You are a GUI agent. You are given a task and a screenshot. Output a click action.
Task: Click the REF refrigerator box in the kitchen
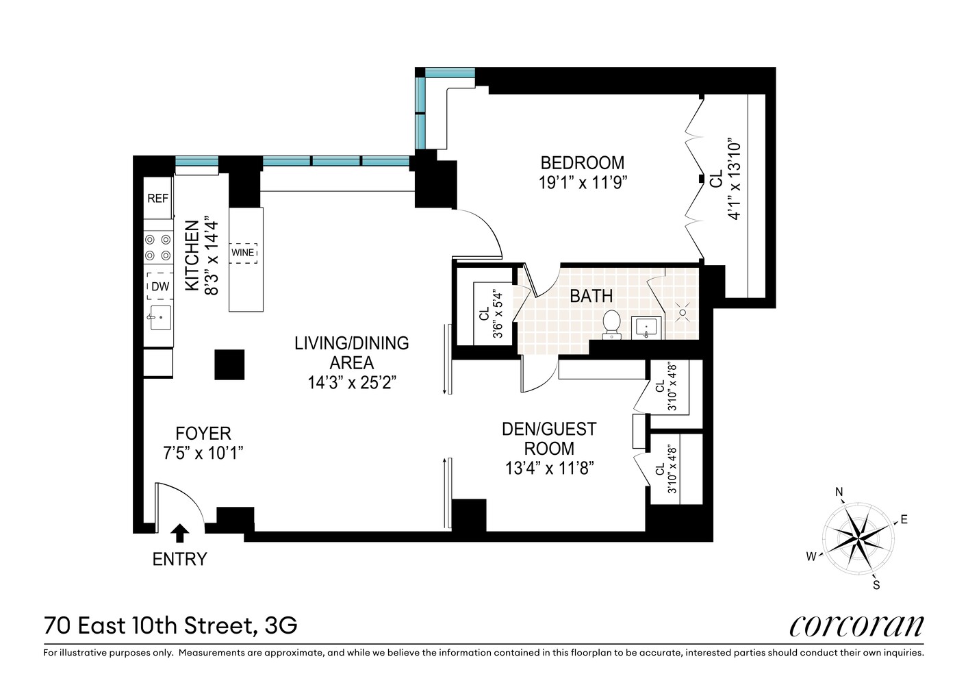[157, 198]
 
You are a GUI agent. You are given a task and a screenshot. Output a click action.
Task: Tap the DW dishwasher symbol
[160, 286]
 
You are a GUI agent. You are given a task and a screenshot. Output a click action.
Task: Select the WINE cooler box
[243, 252]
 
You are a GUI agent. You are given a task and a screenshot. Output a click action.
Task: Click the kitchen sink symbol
[160, 317]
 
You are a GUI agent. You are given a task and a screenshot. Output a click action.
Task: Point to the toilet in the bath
[611, 324]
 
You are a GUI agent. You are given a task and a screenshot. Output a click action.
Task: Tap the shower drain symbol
[682, 312]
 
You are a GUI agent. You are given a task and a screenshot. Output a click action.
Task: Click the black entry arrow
[180, 532]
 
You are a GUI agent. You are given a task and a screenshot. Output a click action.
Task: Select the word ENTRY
[179, 559]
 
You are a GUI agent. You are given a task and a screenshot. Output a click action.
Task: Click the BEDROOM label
[582, 163]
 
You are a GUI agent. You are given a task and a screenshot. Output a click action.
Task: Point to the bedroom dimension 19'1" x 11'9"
[582, 182]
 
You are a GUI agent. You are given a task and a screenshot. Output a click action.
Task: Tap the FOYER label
[203, 434]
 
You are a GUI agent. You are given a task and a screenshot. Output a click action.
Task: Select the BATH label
[591, 297]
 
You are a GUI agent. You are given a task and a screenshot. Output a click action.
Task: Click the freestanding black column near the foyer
[229, 364]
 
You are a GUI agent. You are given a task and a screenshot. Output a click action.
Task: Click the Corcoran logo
[856, 625]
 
